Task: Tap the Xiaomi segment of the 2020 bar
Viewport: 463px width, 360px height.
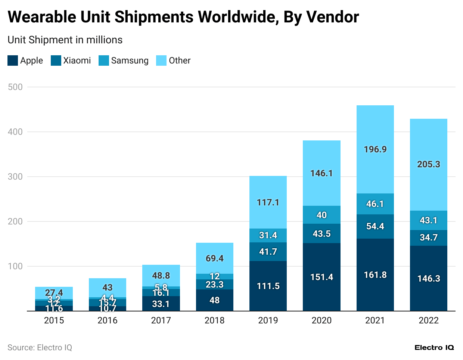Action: tap(321, 233)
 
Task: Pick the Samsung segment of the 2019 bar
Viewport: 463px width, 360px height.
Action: tap(268, 235)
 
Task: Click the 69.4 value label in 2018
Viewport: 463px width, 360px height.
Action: tap(214, 258)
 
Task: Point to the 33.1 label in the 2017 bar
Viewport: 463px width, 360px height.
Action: tap(161, 304)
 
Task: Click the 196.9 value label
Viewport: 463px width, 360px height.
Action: tap(375, 149)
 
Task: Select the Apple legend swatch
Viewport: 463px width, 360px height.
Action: tap(13, 60)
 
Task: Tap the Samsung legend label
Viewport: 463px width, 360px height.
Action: tap(130, 60)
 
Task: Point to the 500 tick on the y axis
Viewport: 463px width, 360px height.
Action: tap(15, 87)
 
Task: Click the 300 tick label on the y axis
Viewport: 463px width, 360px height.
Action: tap(15, 177)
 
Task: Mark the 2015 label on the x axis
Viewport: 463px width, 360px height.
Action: tap(54, 320)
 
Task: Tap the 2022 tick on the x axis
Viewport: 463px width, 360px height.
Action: tap(428, 320)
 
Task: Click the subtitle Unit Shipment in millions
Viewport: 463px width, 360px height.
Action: tap(65, 40)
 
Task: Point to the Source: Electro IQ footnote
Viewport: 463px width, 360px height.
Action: tap(40, 348)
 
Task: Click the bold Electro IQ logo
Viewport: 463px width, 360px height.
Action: tap(434, 348)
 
